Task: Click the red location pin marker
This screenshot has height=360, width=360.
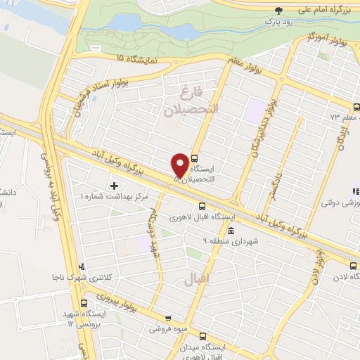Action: point(180,165)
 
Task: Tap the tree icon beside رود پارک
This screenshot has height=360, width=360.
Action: point(280,11)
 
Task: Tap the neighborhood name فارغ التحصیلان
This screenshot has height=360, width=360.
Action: point(191,101)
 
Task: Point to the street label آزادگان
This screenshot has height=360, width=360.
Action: point(342,134)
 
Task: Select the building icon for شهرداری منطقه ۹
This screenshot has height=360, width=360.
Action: point(231,231)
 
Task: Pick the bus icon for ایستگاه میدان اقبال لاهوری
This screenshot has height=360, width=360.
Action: point(203,336)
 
